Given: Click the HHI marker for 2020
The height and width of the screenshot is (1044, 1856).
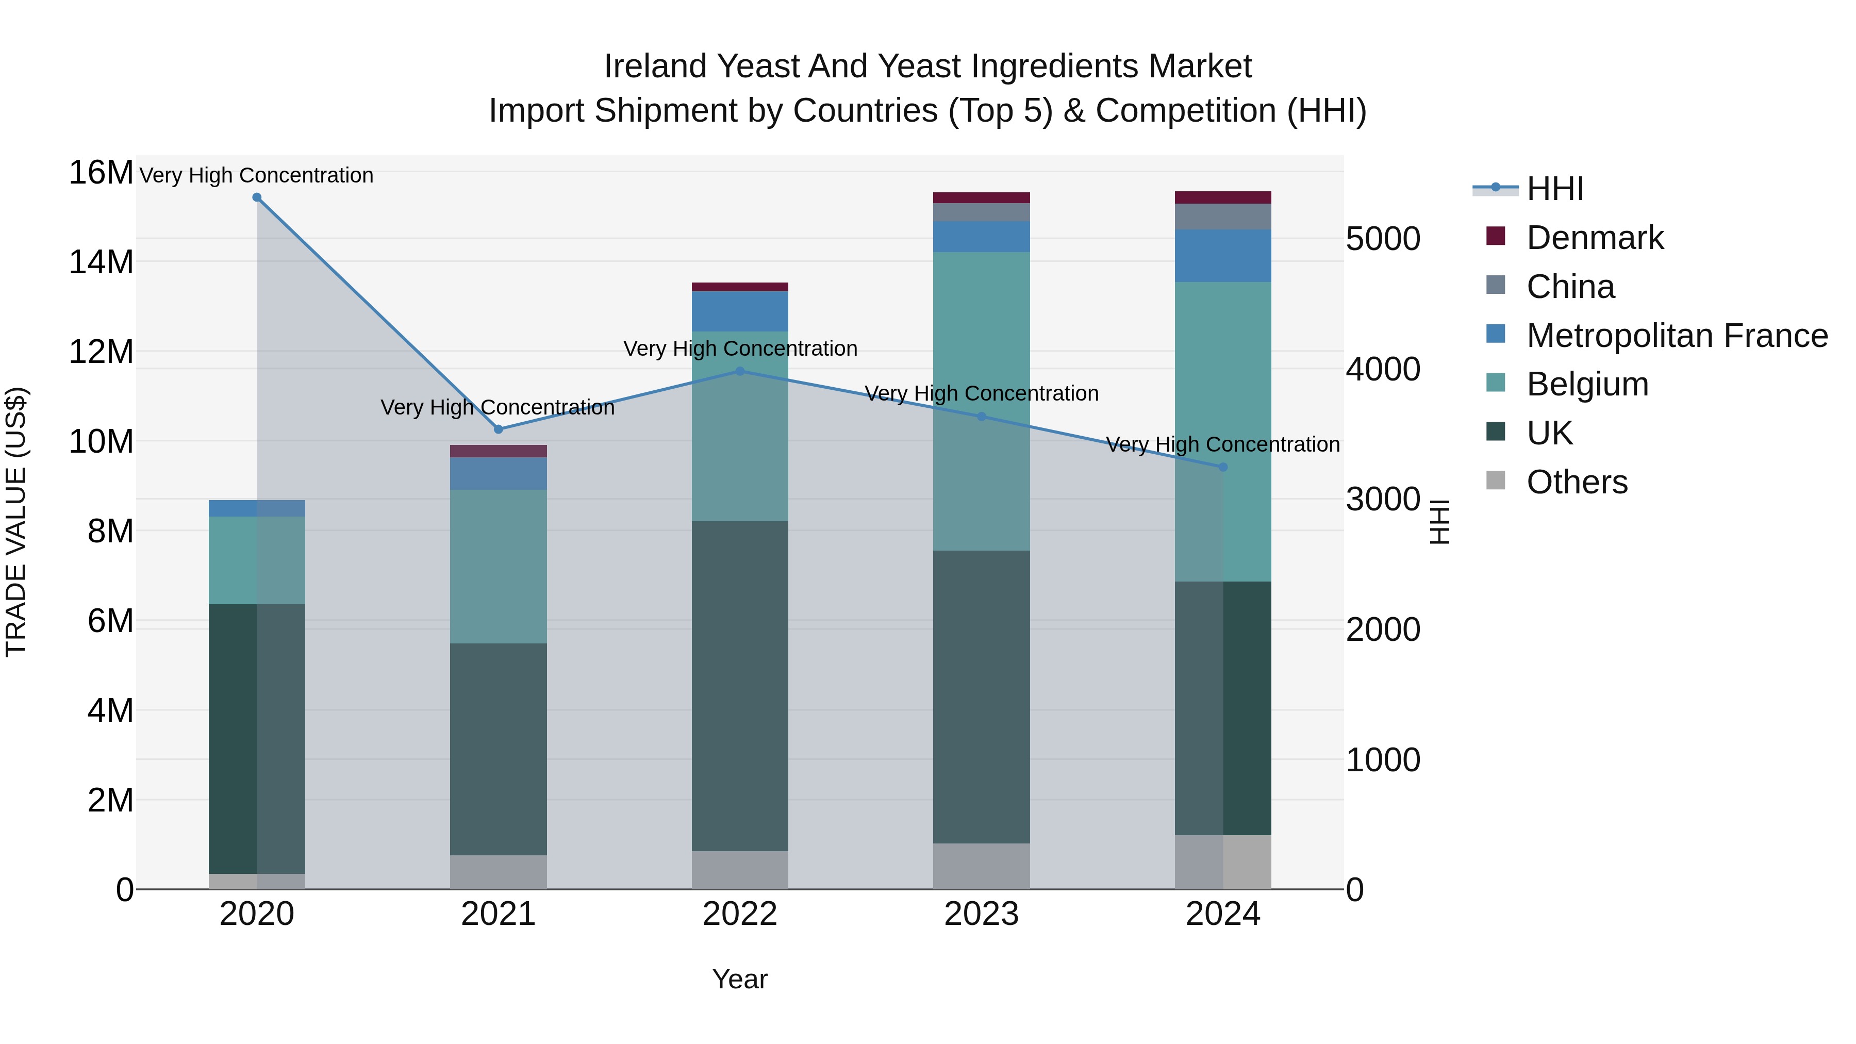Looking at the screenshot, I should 257,197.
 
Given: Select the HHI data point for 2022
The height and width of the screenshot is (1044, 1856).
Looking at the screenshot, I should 740,371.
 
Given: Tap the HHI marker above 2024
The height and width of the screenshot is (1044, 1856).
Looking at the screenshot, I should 1223,467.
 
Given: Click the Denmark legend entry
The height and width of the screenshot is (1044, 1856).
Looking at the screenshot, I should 1595,238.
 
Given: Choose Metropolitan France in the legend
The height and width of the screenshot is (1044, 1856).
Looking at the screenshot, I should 1677,336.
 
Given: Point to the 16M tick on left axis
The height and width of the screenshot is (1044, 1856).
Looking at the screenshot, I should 101,173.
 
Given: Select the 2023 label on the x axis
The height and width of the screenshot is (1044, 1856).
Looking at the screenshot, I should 981,914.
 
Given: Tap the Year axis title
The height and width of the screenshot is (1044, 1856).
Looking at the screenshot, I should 740,979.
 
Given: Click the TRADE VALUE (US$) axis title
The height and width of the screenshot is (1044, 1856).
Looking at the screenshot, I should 16,522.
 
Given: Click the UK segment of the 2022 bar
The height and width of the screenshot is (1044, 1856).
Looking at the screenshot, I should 740,685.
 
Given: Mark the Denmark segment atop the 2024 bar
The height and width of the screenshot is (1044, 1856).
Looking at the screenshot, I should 1223,197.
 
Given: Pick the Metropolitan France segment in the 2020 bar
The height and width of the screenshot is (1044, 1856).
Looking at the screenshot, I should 257,508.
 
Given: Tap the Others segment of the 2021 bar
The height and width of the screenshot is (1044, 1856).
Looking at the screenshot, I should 498,872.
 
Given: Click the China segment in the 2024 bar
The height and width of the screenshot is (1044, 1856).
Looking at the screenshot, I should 1223,216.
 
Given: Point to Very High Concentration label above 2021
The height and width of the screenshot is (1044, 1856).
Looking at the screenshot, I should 497,407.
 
